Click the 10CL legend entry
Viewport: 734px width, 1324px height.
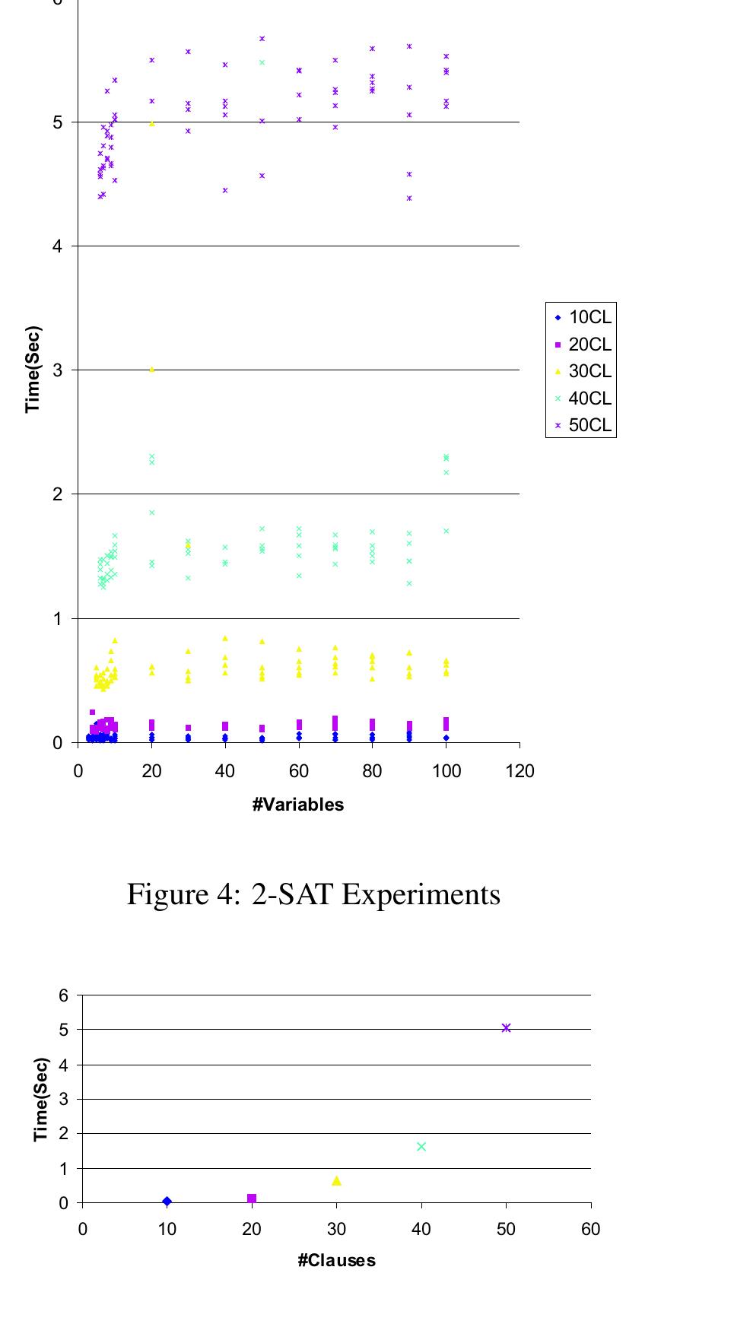click(582, 318)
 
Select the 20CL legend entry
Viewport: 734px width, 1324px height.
click(582, 344)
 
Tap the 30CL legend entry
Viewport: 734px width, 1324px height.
click(582, 371)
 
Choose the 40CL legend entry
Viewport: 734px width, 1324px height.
click(582, 398)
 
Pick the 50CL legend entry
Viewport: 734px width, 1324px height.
click(582, 425)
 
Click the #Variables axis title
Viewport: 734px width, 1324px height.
click(298, 805)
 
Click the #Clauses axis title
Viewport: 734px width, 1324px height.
click(336, 1261)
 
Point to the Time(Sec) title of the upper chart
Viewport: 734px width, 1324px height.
click(33, 370)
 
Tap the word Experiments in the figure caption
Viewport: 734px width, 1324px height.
click(421, 894)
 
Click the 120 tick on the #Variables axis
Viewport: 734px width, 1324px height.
click(520, 771)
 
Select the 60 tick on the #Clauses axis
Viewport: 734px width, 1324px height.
click(590, 1230)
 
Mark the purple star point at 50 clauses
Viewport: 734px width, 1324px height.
click(506, 1028)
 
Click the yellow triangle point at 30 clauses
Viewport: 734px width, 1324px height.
click(336, 1180)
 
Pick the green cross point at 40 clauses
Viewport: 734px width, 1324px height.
click(421, 1147)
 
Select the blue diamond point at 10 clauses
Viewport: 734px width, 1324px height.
click(167, 1202)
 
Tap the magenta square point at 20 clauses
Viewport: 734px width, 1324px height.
click(252, 1199)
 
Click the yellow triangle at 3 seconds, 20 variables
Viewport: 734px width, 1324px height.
click(151, 370)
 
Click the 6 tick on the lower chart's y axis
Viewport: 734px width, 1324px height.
click(64, 995)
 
